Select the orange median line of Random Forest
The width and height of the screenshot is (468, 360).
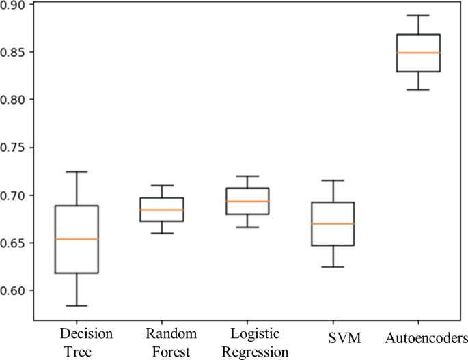162,210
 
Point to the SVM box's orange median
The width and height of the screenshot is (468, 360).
333,223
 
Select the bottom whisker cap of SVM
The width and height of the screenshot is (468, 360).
333,266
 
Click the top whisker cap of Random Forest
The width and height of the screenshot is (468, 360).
162,185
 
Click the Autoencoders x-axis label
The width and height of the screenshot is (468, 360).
426,338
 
